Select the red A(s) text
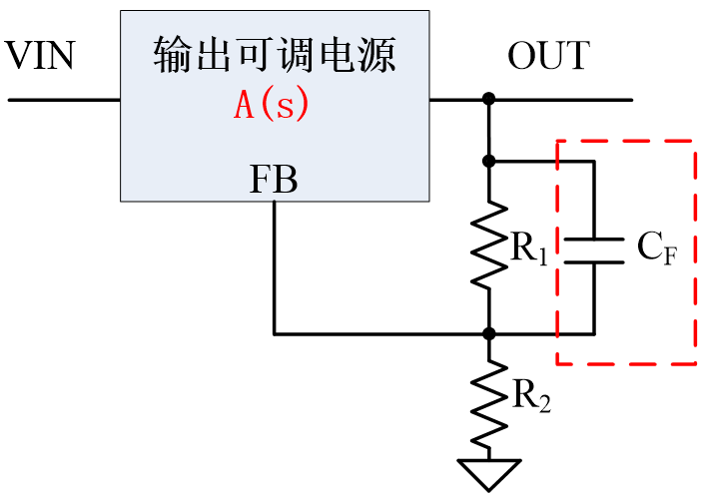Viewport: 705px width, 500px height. pos(272,105)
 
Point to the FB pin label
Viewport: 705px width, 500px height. pos(273,180)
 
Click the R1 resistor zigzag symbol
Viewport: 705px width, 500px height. pos(489,246)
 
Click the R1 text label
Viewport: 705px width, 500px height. pos(529,250)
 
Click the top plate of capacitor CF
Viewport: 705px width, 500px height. pos(593,240)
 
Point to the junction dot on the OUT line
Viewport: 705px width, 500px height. pos(489,100)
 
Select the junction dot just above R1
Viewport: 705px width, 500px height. pos(489,160)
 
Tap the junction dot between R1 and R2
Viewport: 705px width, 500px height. pos(489,333)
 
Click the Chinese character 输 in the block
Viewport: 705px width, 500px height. pos(172,56)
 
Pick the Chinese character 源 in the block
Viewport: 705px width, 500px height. pos(376,56)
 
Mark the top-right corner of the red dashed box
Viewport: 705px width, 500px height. pos(695,141)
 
